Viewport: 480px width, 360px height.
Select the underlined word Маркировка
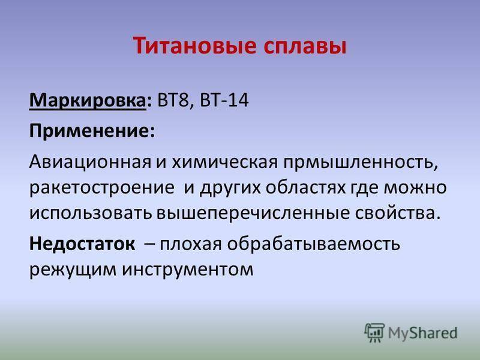88,100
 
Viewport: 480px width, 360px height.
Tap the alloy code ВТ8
173,100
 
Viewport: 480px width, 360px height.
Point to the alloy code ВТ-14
224,100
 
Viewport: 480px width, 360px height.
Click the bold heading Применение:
92,131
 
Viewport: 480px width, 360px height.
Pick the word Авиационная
91,162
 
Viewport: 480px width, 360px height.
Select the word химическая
224,161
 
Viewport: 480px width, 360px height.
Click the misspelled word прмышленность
361,163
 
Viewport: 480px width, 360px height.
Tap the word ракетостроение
102,188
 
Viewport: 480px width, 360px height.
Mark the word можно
415,188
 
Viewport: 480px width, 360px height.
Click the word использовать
91,213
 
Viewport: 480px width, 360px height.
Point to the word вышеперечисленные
253,214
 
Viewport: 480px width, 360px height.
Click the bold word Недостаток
82,244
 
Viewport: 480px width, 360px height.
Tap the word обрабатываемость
313,244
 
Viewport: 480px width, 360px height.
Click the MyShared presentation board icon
374,332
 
